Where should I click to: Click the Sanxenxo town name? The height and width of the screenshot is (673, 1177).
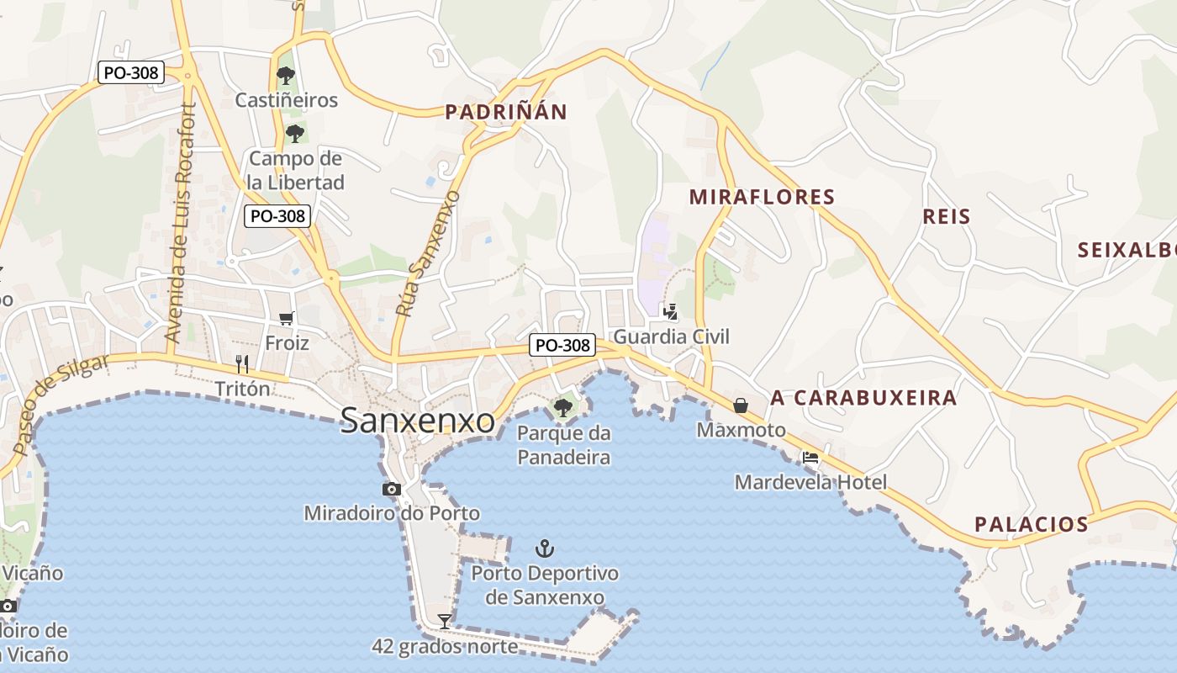click(417, 420)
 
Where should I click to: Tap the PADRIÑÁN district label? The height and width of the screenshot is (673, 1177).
click(506, 112)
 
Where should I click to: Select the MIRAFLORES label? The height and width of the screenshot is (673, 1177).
click(762, 198)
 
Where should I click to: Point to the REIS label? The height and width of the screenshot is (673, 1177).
click(947, 216)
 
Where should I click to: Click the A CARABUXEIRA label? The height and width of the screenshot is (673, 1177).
click(863, 398)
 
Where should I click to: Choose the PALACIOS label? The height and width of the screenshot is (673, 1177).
click(1032, 524)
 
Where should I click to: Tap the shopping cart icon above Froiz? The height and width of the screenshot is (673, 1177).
click(287, 318)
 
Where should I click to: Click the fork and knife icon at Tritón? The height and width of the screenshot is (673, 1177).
click(242, 363)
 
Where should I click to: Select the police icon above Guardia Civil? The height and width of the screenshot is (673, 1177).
click(670, 312)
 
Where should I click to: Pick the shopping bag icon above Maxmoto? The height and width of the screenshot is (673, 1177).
click(741, 405)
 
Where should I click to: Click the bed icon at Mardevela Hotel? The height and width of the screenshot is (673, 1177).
click(810, 458)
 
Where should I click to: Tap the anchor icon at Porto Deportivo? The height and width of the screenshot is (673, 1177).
click(545, 548)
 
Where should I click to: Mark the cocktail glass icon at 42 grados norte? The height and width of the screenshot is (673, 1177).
click(445, 622)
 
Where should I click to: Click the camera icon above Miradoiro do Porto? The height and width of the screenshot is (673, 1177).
click(391, 489)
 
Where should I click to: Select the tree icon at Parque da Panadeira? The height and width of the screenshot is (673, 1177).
click(562, 409)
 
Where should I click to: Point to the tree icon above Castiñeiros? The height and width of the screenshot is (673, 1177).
click(286, 75)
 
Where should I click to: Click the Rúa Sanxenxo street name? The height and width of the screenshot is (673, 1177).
click(428, 253)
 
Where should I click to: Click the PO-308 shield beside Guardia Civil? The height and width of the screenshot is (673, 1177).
click(562, 345)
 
